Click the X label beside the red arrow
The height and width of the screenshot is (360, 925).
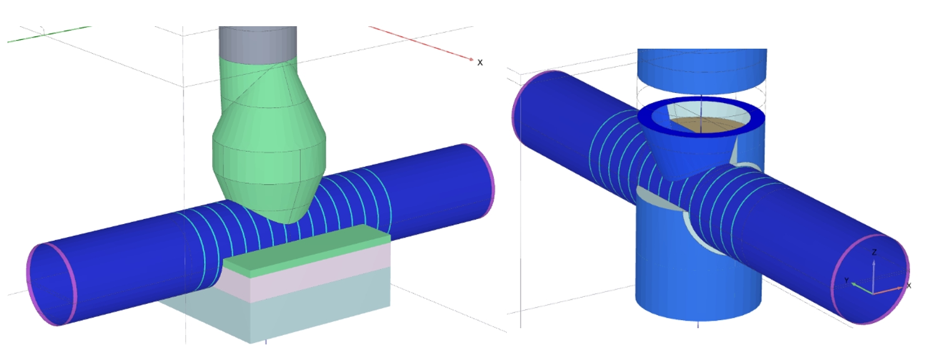pyautogui.click(x=480, y=62)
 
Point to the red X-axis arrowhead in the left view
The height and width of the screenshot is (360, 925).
pyautogui.click(x=471, y=59)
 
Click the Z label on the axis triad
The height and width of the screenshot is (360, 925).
pyautogui.click(x=874, y=253)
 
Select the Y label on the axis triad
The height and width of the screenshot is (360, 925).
pyautogui.click(x=847, y=281)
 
